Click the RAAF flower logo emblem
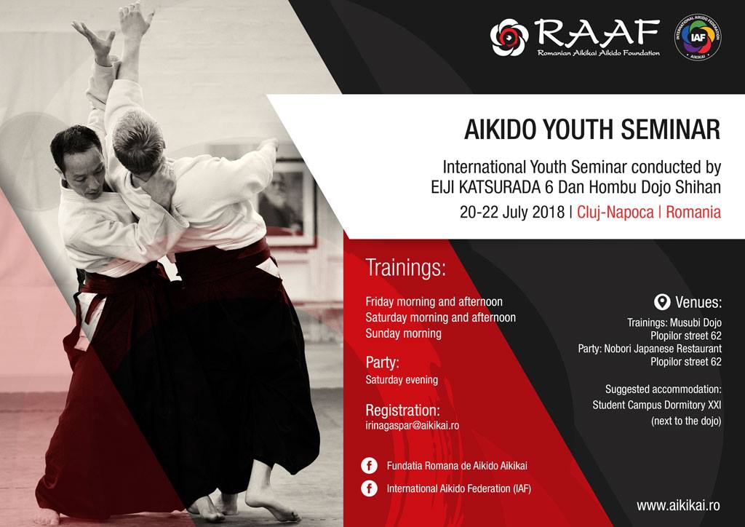point(509,38)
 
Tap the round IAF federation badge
point(698,37)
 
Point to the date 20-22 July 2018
point(512,212)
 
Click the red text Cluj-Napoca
point(615,213)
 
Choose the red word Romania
point(693,212)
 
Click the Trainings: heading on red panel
point(406,268)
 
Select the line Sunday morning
point(403,333)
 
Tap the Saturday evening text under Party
point(402,380)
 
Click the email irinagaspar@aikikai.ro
point(413,425)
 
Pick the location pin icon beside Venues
point(662,302)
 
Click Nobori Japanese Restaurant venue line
point(650,349)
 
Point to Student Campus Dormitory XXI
point(657,405)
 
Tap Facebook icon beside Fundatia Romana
point(369,466)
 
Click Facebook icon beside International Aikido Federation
point(369,488)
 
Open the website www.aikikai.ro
point(679,505)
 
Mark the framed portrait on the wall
point(287,200)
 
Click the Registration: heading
point(402,410)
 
